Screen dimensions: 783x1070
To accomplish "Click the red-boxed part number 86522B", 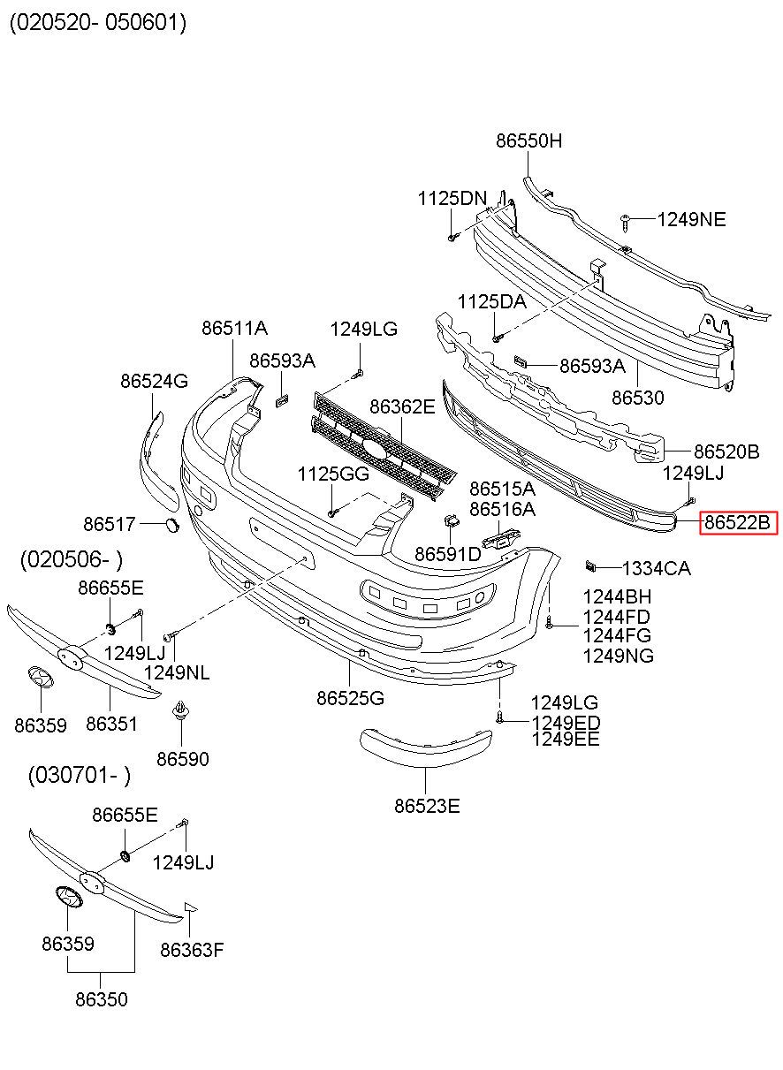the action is click(738, 522).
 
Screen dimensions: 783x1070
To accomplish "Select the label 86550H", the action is click(528, 140).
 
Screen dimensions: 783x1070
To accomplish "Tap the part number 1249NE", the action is click(691, 219).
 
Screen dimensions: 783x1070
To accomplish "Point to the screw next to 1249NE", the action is click(626, 223).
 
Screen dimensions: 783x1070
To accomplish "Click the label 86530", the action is click(638, 398).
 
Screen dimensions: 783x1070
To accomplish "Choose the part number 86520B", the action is click(726, 452).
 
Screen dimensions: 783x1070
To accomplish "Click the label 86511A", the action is click(234, 328).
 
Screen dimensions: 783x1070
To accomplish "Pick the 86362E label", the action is click(402, 406).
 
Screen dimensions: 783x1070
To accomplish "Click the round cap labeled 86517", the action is click(172, 524).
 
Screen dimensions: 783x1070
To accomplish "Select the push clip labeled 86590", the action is click(179, 712).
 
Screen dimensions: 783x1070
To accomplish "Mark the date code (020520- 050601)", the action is click(98, 22).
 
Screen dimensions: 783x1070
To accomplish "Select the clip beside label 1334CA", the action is click(591, 566).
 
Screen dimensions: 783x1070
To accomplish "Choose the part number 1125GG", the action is click(333, 474).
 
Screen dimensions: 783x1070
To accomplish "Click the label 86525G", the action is click(350, 698).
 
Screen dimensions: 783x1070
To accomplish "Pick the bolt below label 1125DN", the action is click(452, 237).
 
